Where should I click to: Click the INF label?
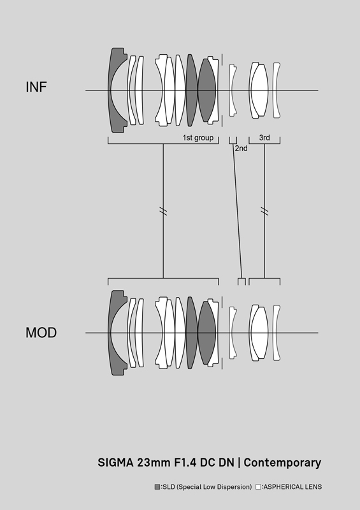[36, 87]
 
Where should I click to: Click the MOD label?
[41, 332]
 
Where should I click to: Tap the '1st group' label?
[198, 138]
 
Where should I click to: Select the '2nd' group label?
[241, 149]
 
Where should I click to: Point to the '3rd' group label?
[264, 138]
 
